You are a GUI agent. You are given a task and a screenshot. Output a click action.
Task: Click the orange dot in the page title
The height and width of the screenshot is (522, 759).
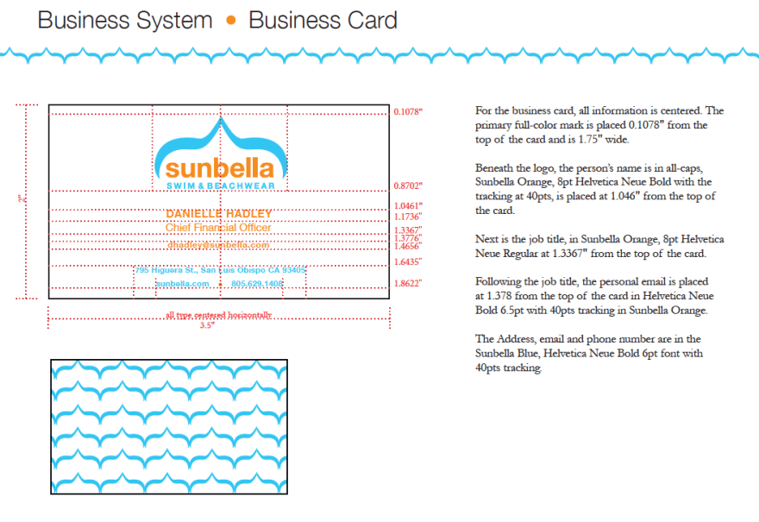tap(230, 21)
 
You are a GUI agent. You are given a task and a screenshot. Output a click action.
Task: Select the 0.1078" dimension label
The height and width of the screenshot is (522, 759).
tap(408, 112)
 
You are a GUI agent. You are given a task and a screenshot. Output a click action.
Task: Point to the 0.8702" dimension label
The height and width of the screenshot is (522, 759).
tap(408, 186)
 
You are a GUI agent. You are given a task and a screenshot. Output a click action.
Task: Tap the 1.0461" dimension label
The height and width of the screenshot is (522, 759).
tap(408, 206)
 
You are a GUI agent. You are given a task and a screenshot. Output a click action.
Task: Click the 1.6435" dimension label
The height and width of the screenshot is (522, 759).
tap(408, 261)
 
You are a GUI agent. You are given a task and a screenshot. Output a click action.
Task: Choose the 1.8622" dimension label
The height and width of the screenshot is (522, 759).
tap(408, 283)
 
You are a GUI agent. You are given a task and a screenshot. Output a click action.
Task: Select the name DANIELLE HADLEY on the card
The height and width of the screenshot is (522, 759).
tap(219, 213)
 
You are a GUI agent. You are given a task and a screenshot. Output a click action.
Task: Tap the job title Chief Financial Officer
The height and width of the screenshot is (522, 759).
tap(218, 228)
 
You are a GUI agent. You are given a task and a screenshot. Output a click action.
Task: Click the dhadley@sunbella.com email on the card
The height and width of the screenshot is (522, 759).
tap(219, 245)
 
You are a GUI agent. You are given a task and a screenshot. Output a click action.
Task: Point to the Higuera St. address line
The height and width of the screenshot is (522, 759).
tap(220, 270)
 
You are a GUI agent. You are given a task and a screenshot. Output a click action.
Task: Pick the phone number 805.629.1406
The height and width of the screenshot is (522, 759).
tap(257, 283)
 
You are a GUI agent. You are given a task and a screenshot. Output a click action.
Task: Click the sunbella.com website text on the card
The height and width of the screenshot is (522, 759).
tap(183, 283)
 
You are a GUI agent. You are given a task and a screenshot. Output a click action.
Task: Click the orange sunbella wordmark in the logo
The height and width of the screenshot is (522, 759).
tap(220, 167)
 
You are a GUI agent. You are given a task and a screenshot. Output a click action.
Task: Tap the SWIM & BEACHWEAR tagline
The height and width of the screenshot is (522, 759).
tap(220, 186)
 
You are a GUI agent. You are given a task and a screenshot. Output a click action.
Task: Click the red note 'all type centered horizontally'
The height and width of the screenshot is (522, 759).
tap(218, 315)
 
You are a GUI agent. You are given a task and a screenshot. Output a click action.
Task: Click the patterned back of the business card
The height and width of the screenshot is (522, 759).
tap(169, 426)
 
